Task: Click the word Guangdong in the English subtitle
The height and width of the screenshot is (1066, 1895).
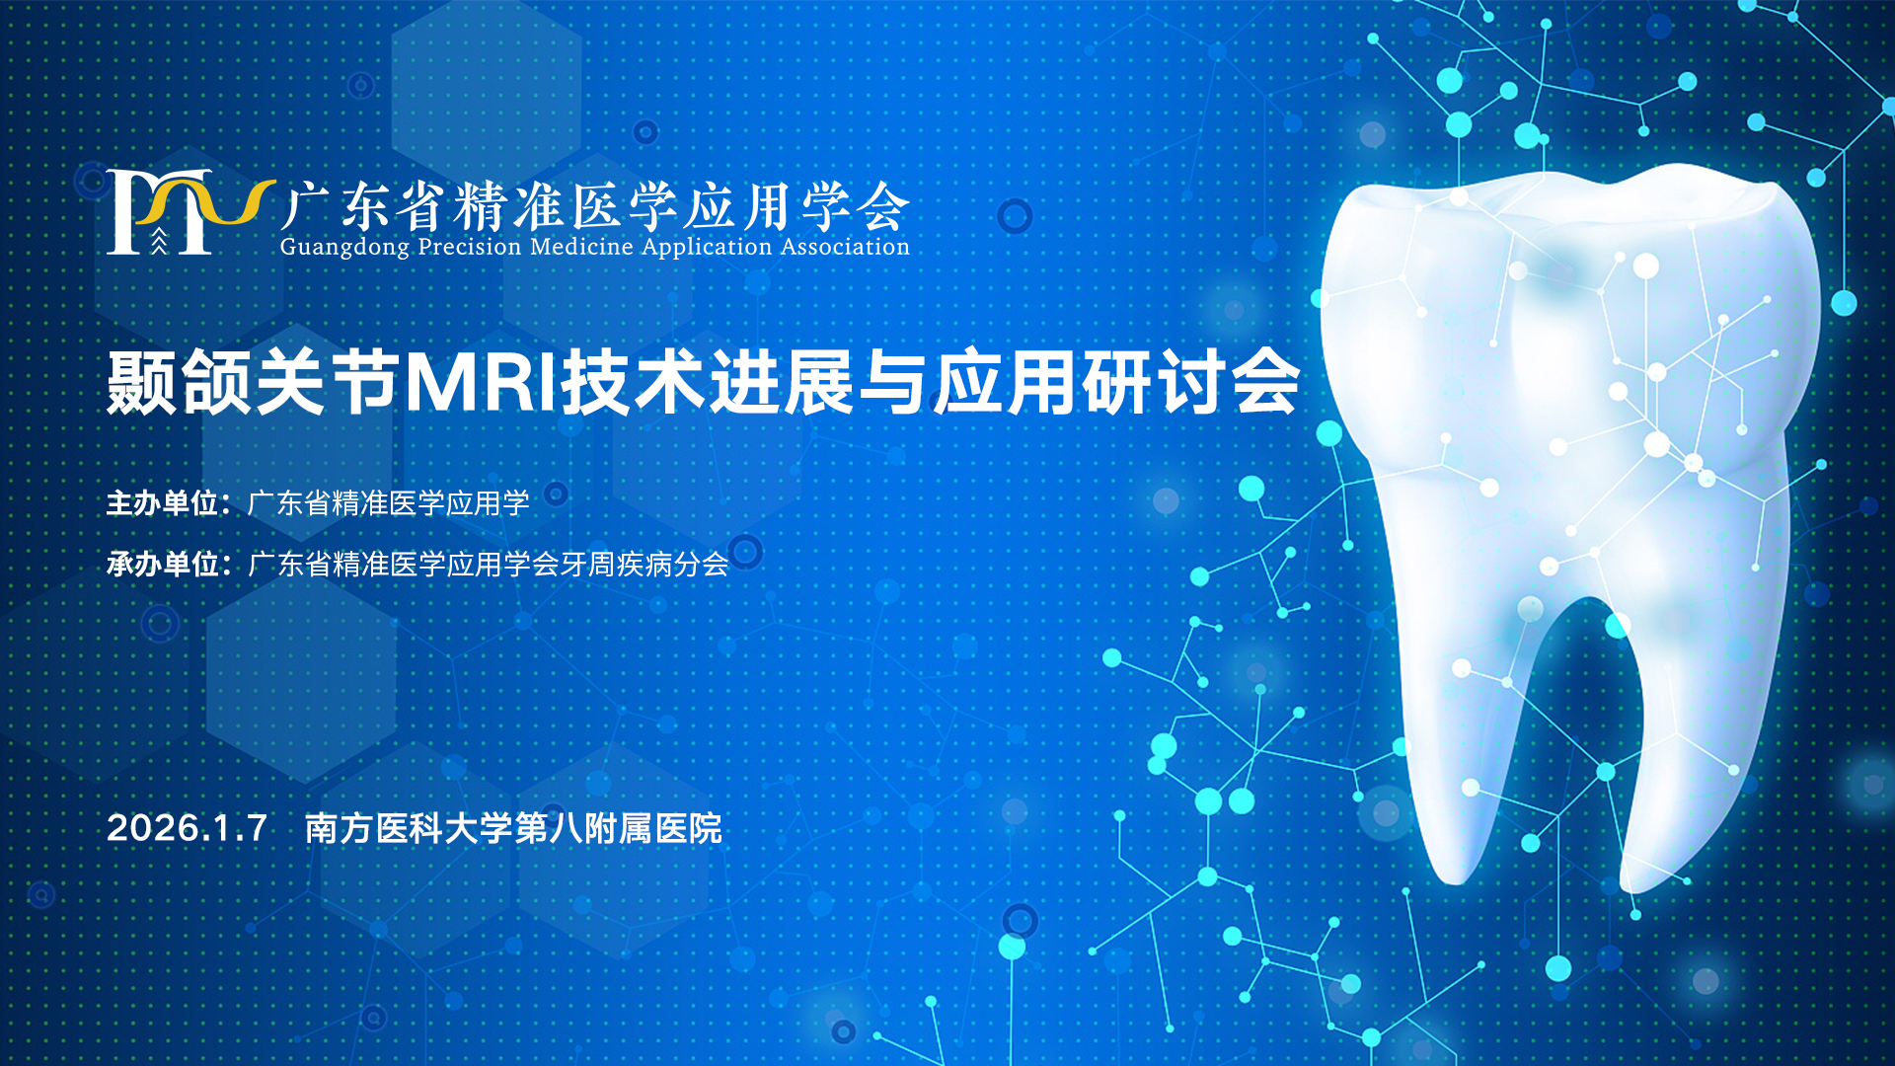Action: pos(344,248)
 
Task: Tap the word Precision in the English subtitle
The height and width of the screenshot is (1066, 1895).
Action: pos(470,247)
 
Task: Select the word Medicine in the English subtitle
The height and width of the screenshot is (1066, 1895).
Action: pos(581,247)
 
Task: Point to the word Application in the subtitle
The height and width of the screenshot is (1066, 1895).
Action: pos(707,248)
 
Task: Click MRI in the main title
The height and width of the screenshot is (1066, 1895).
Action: pos(483,382)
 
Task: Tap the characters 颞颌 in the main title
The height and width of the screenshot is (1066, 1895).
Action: pos(180,382)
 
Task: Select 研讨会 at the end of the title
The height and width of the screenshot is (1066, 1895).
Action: pos(1191,382)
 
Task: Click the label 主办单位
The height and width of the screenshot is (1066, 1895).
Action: pos(162,503)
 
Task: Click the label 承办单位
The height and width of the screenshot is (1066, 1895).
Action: pos(162,565)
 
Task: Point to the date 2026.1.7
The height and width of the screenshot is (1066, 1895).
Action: pos(188,828)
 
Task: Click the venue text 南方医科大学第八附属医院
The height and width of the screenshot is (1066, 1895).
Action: pos(513,828)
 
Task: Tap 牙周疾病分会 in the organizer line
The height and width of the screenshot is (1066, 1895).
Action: pos(644,565)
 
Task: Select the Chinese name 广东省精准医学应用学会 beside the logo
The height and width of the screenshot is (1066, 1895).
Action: pos(594,206)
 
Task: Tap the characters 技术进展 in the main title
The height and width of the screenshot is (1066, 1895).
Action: pos(708,382)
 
